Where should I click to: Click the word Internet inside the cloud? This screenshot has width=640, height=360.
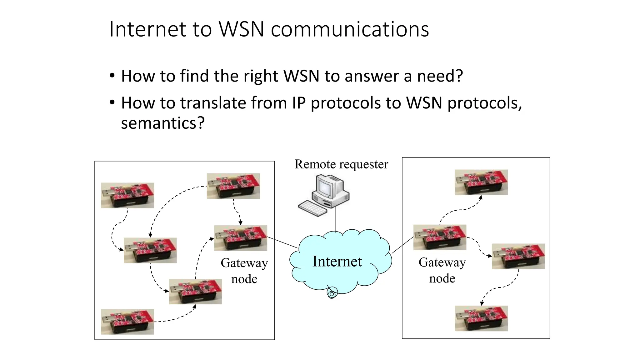pos(337,261)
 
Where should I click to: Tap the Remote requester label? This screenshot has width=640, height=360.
pos(341,164)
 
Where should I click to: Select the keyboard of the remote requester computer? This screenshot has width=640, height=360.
pos(312,208)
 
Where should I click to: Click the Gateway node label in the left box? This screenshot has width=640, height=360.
pos(244,271)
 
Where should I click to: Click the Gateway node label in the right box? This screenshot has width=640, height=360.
pos(442,270)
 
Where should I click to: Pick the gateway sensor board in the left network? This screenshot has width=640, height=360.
pos(240,238)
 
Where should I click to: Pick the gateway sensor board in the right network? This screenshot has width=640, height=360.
pos(440,237)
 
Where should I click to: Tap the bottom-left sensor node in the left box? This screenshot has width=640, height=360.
pos(127,322)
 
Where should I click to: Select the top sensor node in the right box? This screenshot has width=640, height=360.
pos(481,182)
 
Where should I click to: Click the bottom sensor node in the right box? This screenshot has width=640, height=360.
pos(481,318)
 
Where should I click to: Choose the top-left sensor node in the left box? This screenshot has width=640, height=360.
pos(127,195)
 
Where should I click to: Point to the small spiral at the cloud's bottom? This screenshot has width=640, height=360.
pos(332,293)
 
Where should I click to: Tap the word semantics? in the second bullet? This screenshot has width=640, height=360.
pos(162,123)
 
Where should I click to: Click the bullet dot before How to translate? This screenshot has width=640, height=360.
pos(112,102)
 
